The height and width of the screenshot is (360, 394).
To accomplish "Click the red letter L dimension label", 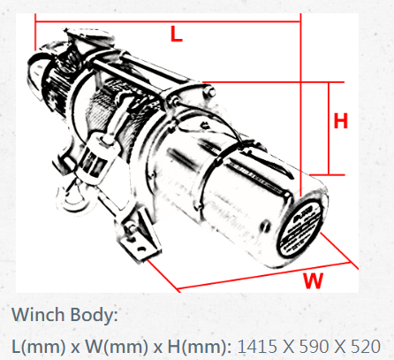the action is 177,34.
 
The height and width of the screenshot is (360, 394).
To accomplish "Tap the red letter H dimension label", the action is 341,120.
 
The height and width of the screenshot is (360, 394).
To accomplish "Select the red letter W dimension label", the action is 314,280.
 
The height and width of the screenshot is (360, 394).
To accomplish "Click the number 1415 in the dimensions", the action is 257,346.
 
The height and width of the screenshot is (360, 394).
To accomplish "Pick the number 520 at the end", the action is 365,346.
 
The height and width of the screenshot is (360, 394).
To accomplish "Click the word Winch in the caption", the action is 38,315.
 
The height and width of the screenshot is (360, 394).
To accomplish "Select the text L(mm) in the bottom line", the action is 39,347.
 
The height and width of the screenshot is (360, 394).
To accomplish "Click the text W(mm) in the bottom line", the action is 117,347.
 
